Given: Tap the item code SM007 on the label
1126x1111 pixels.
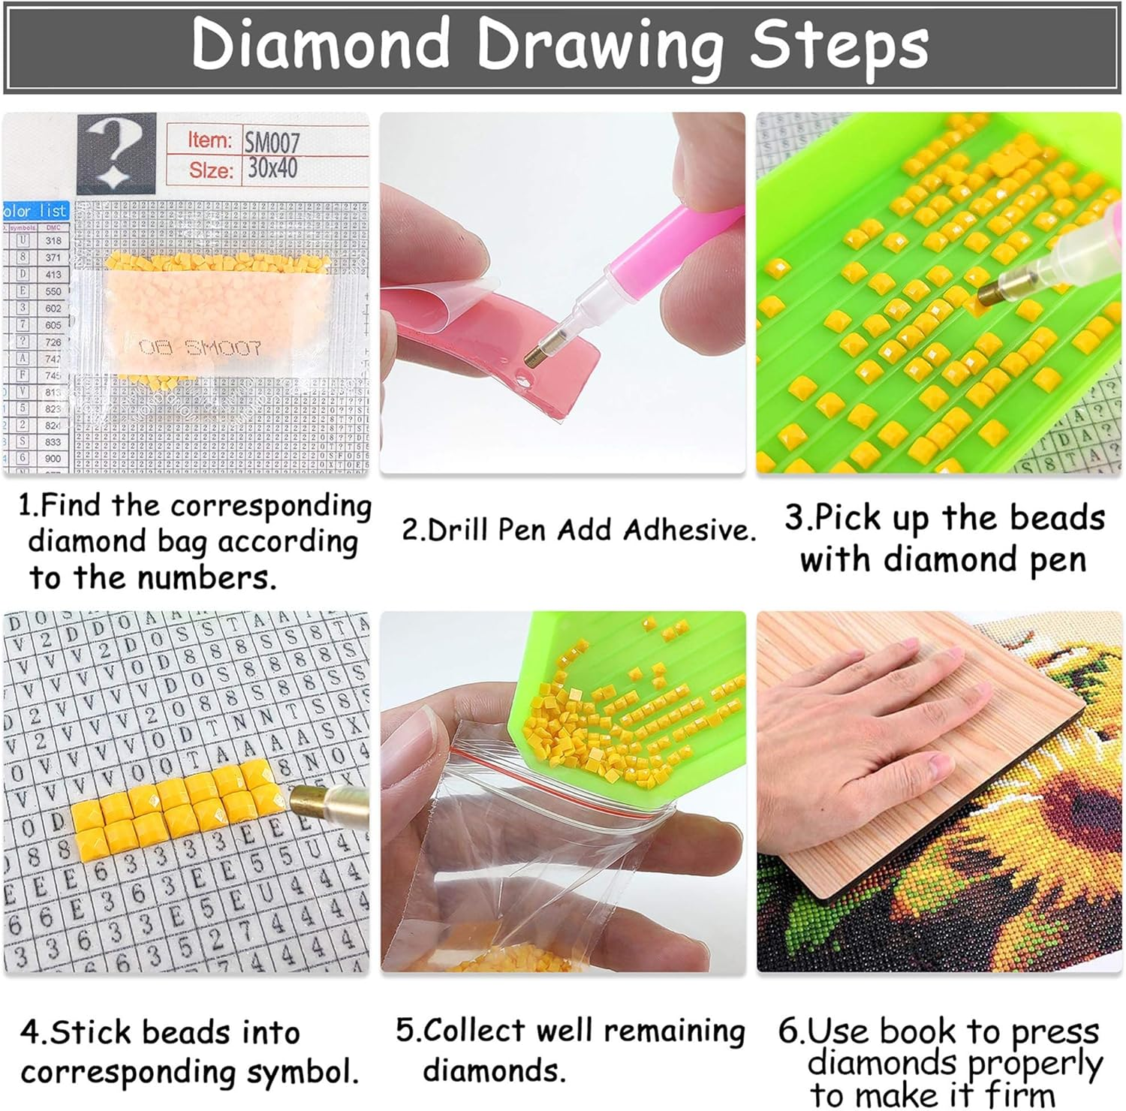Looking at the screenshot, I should click(272, 141).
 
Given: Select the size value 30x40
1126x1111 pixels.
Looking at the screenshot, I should click(272, 168).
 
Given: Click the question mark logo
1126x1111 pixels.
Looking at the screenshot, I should click(116, 153).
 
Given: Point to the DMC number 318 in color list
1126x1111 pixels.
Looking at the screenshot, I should click(53, 241).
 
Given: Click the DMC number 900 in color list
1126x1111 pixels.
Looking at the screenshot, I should click(53, 458).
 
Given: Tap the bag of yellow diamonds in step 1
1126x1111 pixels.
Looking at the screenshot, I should click(218, 315).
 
